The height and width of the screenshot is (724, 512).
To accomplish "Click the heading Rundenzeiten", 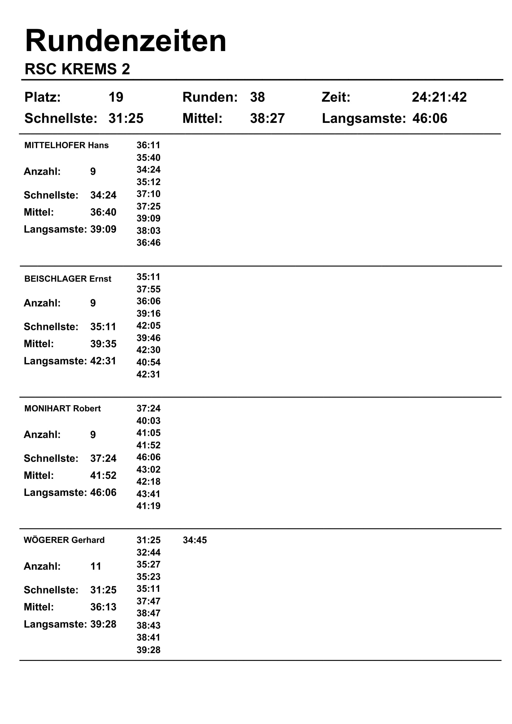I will pos(125,41).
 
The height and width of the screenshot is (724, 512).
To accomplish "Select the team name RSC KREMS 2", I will pos(77,69).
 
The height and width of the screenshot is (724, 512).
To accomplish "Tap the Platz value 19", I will pos(116,97).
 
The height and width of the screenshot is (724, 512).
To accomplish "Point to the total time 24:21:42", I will pos(439,97).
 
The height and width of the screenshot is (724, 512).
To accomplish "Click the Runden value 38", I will pos(257,97).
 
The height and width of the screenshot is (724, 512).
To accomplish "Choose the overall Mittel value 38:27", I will pos(267,119).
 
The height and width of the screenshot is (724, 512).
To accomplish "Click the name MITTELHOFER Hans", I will pos(66,145).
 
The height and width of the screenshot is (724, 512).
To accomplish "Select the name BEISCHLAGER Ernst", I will pos(67,279).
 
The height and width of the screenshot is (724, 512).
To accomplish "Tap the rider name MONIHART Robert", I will pos(63,409).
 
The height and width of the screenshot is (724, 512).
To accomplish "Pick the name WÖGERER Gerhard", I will pos(64,540).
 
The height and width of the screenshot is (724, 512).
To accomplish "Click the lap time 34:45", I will pos(195,540).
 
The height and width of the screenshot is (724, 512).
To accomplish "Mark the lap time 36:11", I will pos(148,145).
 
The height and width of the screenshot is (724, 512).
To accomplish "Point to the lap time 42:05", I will pos(148,326).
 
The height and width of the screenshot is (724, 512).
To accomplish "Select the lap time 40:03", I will pos(148,421).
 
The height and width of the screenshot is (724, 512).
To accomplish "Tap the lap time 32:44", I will pos(148,553).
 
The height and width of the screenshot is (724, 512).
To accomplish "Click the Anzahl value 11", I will pos(96,566).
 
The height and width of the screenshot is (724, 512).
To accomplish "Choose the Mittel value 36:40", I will pos(103,212).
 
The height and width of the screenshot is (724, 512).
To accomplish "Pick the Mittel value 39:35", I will pos(103,344).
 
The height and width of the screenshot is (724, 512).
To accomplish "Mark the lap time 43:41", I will pos(148,494).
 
